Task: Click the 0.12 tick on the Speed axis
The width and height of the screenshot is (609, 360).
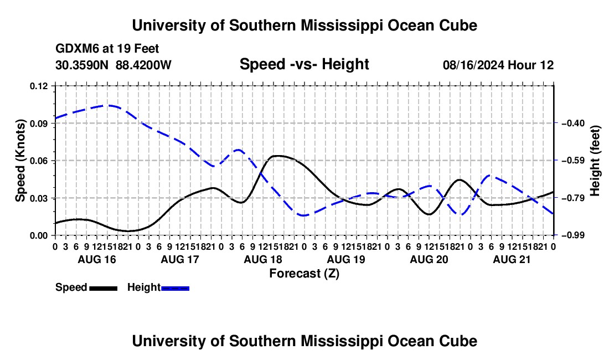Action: (x=39, y=86)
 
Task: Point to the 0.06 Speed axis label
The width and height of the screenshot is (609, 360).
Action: (x=39, y=161)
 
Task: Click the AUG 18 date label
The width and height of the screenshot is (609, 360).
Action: (x=263, y=259)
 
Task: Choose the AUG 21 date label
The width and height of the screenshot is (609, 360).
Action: (x=512, y=259)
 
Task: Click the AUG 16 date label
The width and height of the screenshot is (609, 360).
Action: (x=97, y=259)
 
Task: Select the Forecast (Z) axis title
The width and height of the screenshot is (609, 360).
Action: (x=304, y=274)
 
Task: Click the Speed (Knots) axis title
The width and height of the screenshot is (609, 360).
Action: (x=20, y=161)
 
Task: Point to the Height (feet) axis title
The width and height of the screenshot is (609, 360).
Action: (x=595, y=161)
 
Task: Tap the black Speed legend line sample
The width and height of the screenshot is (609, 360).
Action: (x=103, y=289)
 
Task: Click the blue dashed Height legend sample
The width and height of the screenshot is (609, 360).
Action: (x=175, y=289)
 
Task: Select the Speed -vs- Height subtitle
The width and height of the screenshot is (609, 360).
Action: (x=304, y=64)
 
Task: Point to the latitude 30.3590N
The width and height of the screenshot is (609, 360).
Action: (x=82, y=65)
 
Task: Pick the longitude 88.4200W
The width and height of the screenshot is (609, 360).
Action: (x=143, y=65)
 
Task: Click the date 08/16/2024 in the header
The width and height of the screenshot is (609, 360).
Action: (x=473, y=65)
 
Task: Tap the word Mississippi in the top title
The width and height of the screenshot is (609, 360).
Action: (x=342, y=25)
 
